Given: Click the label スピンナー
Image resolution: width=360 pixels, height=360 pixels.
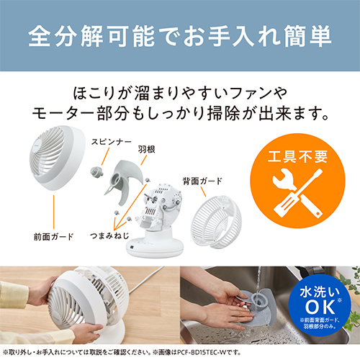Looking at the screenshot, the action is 111,142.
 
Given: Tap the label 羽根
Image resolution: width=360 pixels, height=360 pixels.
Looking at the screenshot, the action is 146,149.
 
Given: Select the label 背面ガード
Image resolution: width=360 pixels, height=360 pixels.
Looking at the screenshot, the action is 202,181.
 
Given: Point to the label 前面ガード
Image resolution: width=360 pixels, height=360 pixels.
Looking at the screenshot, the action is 53,237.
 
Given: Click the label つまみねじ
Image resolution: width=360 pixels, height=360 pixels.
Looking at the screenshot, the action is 109,235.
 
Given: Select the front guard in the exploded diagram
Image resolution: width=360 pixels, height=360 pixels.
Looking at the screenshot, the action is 58,158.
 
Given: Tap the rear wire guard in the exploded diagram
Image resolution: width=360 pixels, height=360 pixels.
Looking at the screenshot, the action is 216,221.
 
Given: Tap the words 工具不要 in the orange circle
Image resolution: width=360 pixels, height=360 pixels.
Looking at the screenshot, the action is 297,157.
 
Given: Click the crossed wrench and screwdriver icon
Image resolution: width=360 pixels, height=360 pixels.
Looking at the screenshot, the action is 297,193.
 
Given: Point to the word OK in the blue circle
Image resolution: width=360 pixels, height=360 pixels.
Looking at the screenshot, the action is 320,307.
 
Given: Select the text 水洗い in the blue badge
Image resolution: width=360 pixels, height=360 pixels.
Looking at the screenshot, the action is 320,292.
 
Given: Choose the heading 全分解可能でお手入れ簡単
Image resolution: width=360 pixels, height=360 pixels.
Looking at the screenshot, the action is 180,37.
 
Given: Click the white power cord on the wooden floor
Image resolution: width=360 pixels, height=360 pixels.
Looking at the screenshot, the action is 146,279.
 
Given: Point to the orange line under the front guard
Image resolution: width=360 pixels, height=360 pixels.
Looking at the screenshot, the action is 53,212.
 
